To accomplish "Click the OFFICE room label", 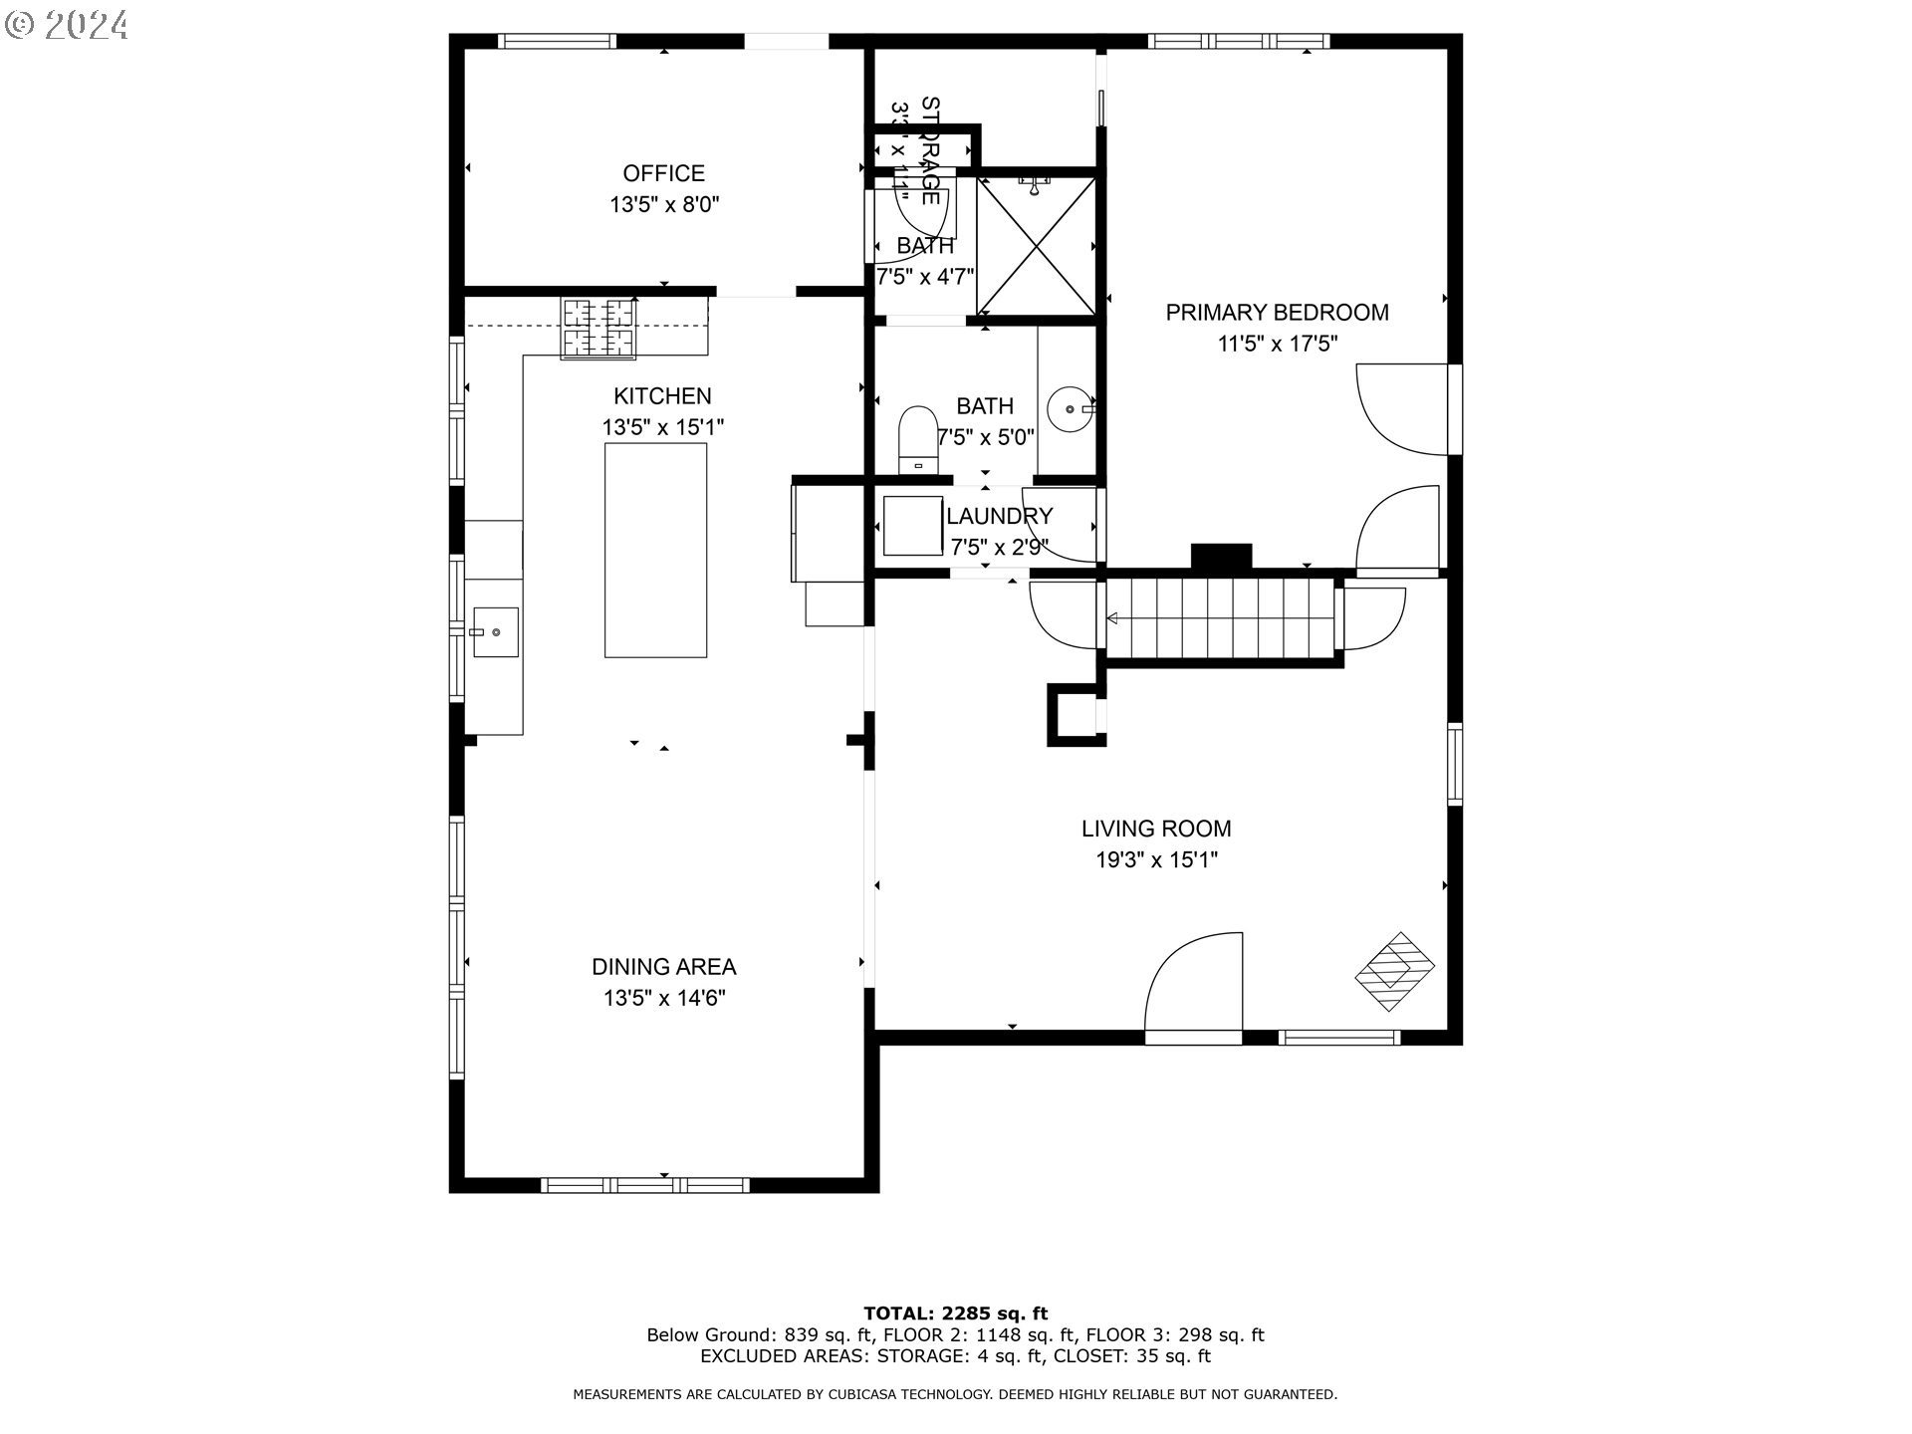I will [663, 173].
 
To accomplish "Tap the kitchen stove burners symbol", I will [598, 328].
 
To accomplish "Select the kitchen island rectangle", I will [655, 550].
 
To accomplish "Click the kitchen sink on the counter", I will [494, 632].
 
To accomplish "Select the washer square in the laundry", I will [912, 526].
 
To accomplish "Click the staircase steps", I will [1222, 618].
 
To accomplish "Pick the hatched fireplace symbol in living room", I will [1394, 972].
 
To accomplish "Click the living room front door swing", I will [1195, 986].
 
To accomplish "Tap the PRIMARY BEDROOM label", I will [1277, 313].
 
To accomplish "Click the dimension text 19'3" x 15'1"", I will [1156, 860].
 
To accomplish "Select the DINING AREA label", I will [663, 967].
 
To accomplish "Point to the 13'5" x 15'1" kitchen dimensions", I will [662, 427].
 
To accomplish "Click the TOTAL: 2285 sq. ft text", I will [955, 1314].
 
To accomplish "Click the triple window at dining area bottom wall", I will [645, 1184].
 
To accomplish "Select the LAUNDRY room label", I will [999, 516].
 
